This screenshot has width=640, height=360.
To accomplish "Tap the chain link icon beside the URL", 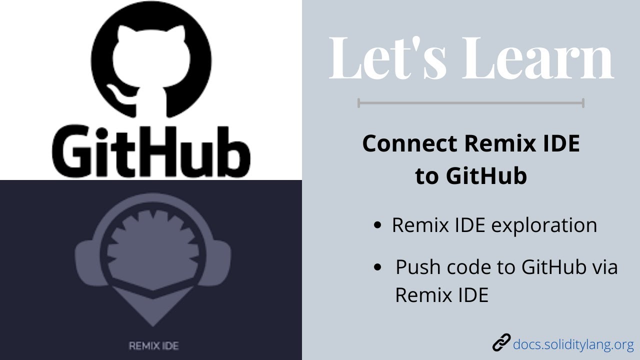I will (x=501, y=343).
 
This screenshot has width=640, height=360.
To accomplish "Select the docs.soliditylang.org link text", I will (x=573, y=344).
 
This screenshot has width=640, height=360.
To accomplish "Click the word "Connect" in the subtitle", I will (x=409, y=144).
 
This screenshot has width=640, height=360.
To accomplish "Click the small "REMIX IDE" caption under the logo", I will (x=153, y=345).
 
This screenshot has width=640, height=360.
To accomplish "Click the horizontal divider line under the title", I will (x=470, y=103).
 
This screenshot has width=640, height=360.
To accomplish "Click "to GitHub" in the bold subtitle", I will (x=470, y=176).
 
